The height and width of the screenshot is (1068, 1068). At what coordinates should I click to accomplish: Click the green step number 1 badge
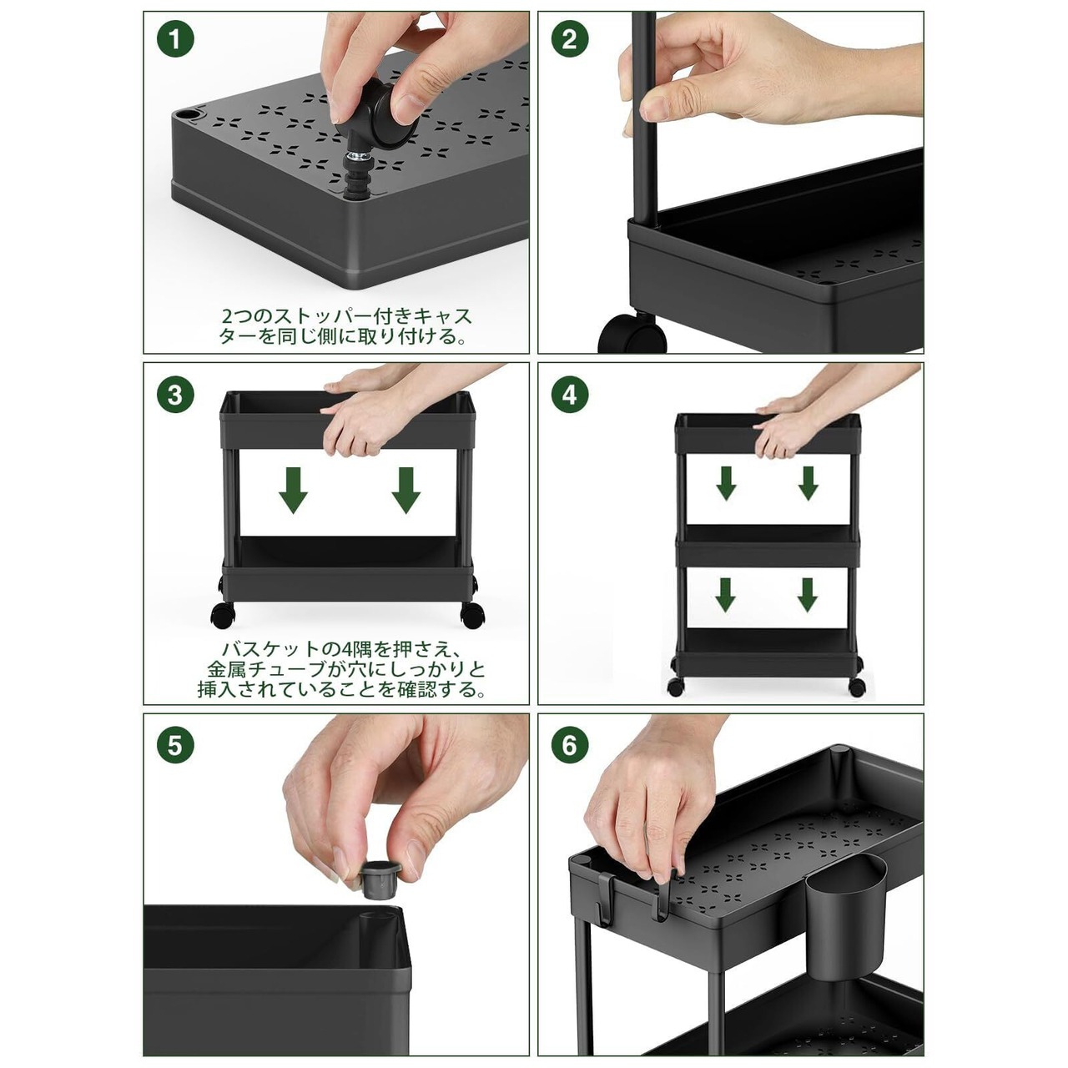click(175, 39)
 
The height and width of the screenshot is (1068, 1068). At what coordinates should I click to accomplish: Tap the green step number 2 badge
click(570, 39)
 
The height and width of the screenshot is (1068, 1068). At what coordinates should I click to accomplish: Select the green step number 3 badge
click(175, 395)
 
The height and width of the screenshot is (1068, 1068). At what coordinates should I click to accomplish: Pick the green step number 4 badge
click(570, 395)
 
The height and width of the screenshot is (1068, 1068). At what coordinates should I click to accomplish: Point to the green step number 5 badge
click(175, 745)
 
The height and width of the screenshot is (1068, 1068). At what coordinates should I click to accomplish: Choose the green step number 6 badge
click(570, 745)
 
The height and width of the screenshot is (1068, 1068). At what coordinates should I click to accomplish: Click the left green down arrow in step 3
click(293, 490)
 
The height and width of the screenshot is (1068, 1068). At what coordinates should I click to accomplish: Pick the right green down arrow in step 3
click(406, 490)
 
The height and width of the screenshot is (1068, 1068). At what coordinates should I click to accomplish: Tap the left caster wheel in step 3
click(223, 615)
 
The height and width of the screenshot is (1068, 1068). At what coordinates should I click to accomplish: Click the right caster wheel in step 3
click(473, 615)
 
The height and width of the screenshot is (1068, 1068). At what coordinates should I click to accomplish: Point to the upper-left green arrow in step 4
click(726, 483)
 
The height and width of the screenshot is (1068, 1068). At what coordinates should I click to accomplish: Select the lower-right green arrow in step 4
click(808, 595)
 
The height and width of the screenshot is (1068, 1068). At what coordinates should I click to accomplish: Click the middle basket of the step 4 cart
click(768, 546)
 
